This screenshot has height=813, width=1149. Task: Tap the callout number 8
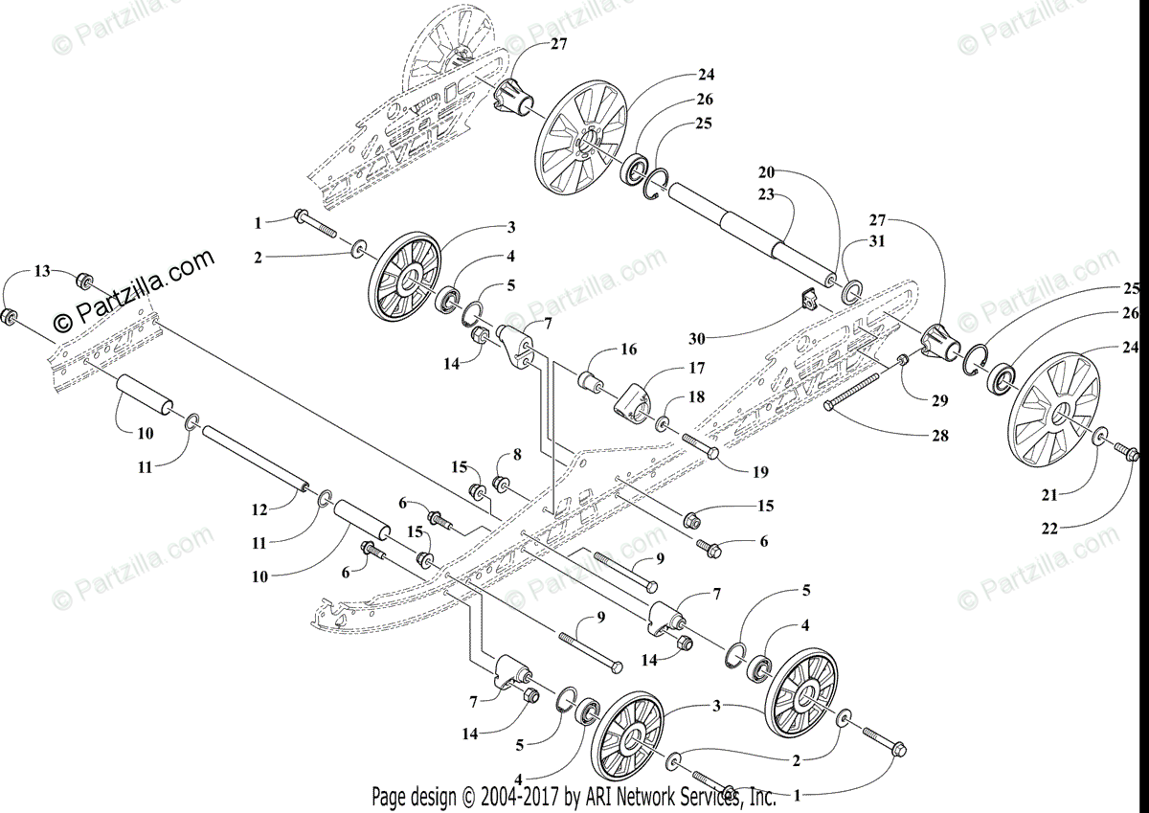516,454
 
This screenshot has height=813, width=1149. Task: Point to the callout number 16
628,350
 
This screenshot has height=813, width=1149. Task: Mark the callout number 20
765,172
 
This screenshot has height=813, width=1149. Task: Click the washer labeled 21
1100,438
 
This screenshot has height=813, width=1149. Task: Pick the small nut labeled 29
902,360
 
